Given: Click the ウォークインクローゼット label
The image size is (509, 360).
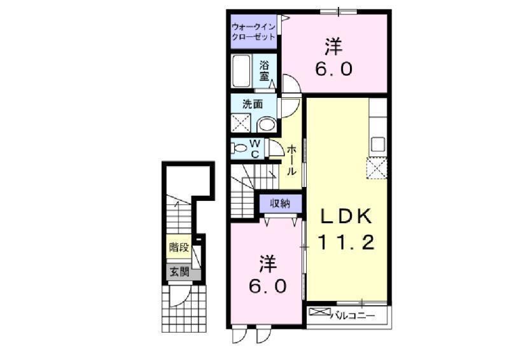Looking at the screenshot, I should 253,32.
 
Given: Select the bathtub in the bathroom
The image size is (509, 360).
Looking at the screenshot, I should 242,71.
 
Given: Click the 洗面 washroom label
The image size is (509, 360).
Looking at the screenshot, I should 251,104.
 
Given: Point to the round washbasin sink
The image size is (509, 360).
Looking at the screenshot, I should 267,123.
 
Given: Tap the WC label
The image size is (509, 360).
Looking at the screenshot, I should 254,149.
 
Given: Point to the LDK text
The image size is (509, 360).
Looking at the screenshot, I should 345,217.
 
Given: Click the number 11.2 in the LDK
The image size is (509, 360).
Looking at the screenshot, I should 346,242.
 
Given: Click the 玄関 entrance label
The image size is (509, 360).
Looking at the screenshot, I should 178,272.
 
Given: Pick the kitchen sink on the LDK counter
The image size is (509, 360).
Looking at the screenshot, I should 378,144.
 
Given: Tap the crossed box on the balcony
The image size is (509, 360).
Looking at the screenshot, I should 321,313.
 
